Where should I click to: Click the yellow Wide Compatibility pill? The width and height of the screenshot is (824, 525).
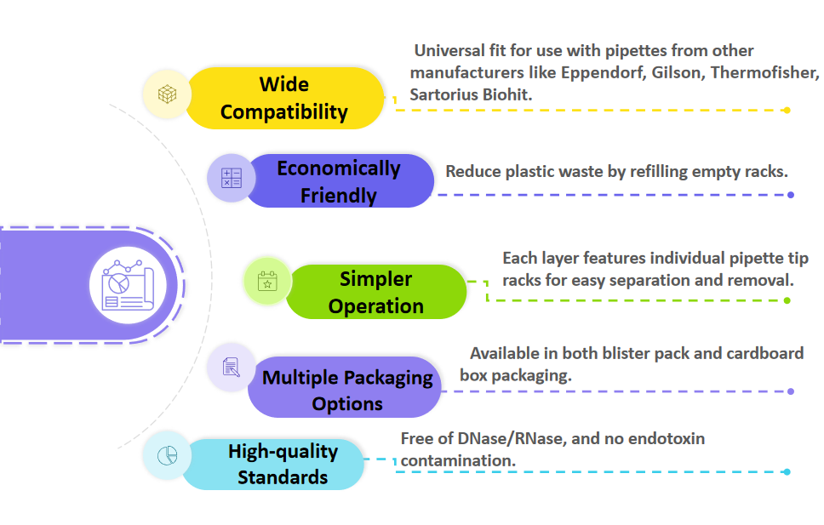pos(284,98)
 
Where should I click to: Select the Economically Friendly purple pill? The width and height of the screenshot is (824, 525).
pos(338,181)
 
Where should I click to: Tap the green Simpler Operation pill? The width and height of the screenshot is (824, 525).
pos(376,292)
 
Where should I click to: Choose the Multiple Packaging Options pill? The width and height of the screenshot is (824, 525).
pos(347,389)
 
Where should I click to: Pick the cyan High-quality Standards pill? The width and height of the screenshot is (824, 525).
pos(283,464)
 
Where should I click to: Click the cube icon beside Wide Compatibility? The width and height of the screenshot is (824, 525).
pos(167,94)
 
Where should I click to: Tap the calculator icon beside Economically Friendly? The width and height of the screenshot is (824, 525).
pos(232,178)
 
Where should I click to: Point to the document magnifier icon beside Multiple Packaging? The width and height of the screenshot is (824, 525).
pos(231,368)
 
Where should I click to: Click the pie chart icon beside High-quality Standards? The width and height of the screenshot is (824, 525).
pos(168,455)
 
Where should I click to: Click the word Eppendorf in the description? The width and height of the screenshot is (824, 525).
pos(604,72)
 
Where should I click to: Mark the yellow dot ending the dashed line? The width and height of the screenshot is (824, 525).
pos(787,110)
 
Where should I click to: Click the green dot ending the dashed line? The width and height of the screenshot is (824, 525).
pos(787,300)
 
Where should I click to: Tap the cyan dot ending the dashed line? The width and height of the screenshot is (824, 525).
pos(787,472)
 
